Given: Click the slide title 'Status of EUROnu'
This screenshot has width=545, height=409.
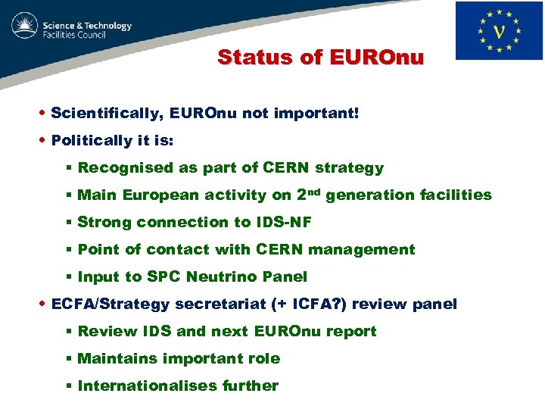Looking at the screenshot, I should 321,58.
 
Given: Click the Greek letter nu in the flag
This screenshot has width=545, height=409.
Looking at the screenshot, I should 499,32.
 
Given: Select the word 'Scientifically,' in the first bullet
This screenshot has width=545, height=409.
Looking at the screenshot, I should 107,114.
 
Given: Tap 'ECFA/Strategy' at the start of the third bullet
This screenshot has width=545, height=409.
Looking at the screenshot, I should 111,304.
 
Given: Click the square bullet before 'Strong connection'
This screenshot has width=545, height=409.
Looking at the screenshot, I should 69,223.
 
